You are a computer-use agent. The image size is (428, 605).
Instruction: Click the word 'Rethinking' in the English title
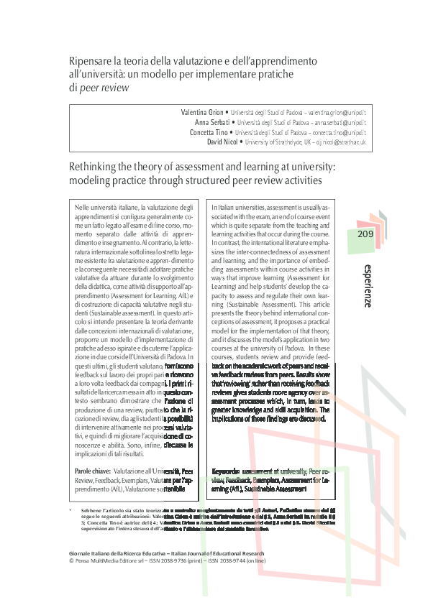pos(94,167)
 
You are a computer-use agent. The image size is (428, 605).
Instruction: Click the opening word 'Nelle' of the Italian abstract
pos(83,207)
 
